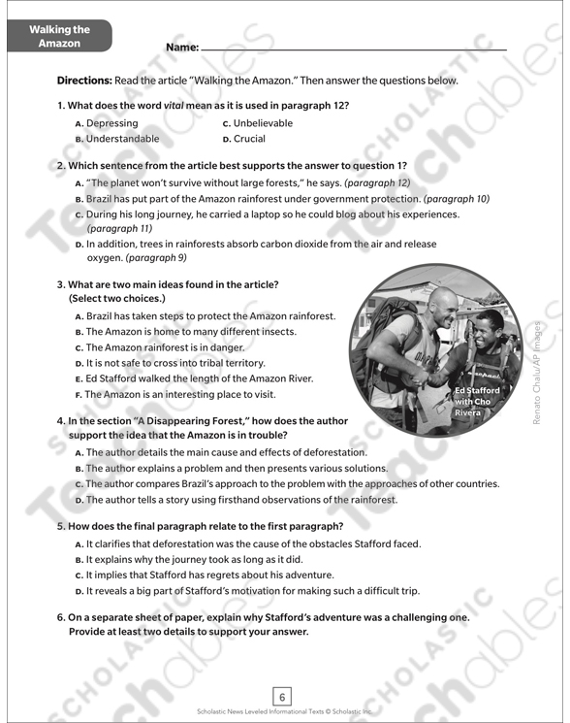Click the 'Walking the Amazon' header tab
point(58,37)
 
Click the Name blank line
point(353,49)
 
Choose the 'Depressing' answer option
point(111,123)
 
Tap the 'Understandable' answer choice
point(122,139)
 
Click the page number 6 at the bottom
point(283,696)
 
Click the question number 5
point(60,526)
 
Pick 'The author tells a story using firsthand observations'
point(241,500)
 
